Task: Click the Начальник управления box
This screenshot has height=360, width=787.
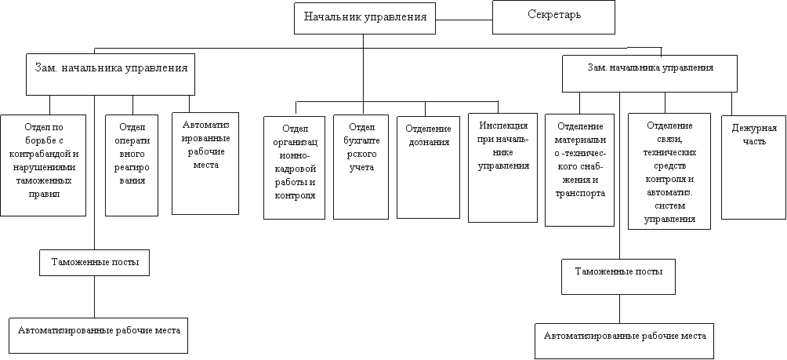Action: tap(364, 17)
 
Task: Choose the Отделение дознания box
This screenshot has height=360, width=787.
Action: tap(428, 167)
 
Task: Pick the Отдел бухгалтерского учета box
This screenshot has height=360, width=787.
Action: tap(361, 167)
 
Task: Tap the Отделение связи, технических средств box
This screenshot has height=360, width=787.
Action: tap(669, 171)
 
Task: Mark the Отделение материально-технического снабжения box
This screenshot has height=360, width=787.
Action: tap(579, 169)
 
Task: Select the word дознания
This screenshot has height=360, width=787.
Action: tap(428, 142)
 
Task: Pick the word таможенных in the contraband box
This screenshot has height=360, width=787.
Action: tap(42, 180)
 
